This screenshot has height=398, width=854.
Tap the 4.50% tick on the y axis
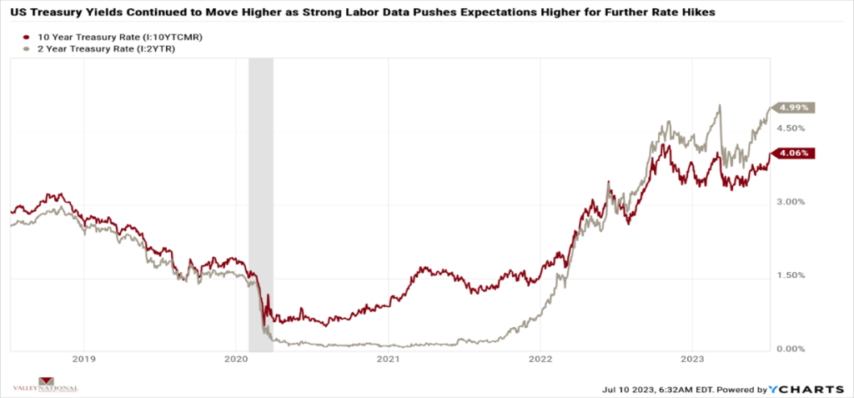coord(791,128)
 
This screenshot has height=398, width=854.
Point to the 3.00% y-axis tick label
coord(791,202)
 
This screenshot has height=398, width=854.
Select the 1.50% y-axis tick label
coord(791,275)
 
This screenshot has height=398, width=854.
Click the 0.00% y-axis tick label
coord(791,349)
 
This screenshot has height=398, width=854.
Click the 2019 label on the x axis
coord(83,360)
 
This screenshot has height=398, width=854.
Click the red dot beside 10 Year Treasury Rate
coord(28,38)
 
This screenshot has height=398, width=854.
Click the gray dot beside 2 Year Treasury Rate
coord(28,50)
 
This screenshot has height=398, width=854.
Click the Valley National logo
coord(46,387)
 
